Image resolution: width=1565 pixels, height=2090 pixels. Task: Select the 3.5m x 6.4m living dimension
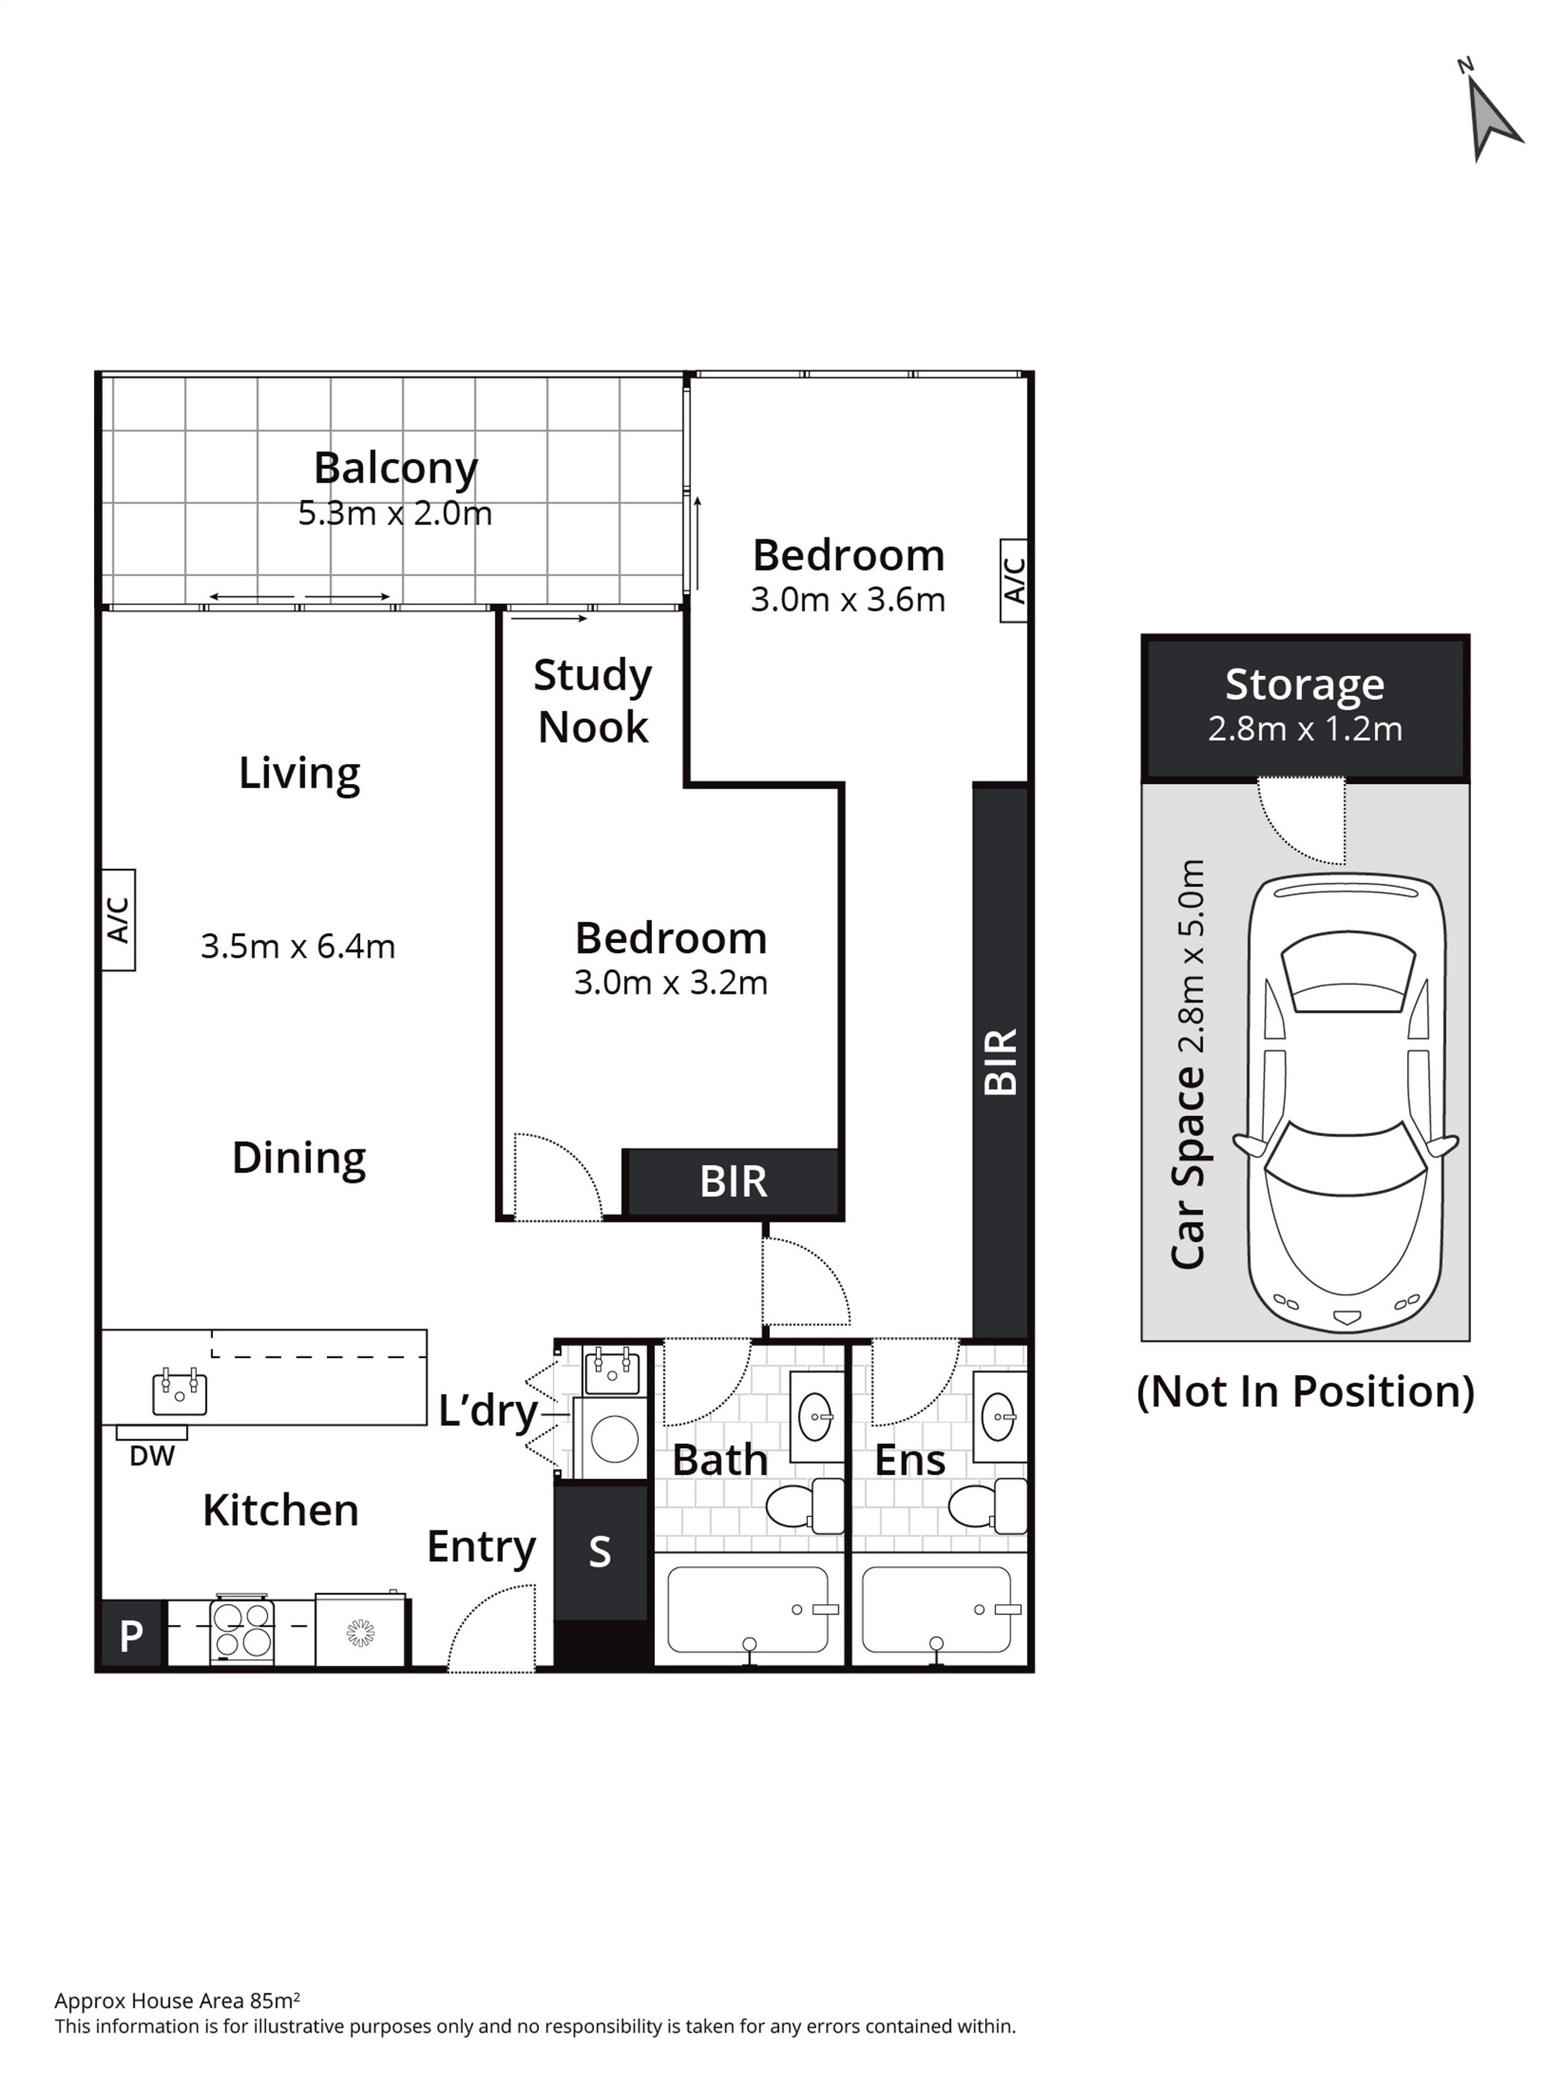point(297,946)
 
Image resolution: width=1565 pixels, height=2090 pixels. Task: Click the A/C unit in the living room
point(118,919)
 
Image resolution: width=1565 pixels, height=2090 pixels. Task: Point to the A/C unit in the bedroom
point(1014,580)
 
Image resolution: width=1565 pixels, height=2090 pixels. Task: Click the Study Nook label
point(592,701)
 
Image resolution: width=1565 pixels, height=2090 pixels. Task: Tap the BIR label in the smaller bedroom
point(733,1181)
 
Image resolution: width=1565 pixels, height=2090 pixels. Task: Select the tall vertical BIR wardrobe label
point(1000,1062)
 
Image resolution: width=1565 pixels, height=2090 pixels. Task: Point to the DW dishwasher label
point(152,1456)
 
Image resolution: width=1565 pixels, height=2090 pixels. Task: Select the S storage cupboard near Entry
point(601,1553)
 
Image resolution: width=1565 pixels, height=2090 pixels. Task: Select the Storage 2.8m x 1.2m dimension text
point(1304,728)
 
